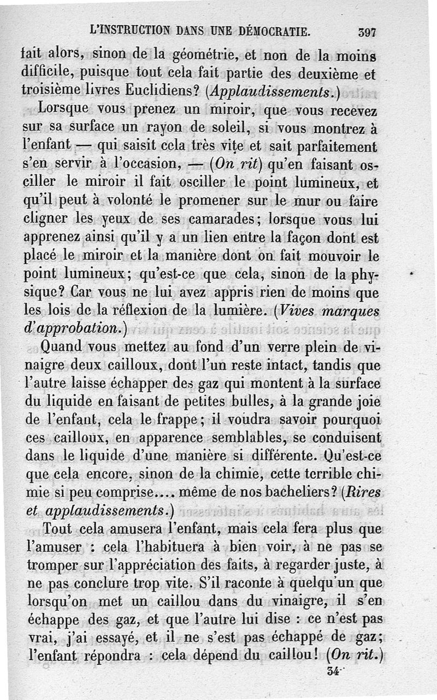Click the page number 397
(x=367, y=32)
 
